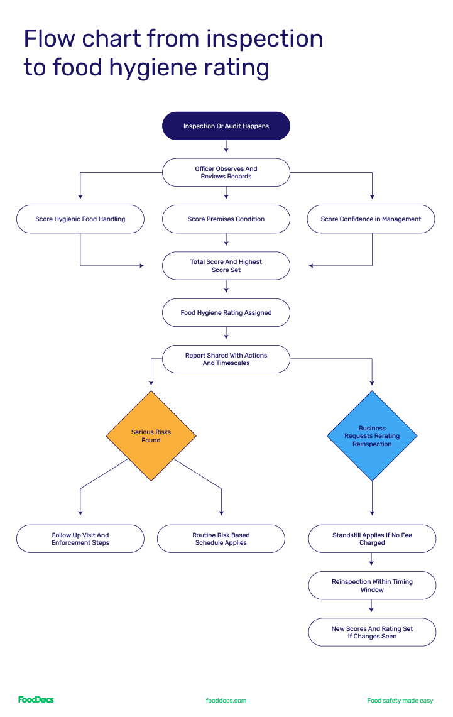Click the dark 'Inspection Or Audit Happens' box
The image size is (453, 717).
pyautogui.click(x=226, y=126)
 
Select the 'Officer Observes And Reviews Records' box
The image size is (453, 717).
pyautogui.click(x=226, y=172)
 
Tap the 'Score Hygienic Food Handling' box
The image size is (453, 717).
pyautogui.click(x=80, y=219)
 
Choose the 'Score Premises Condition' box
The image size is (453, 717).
pyautogui.click(x=226, y=219)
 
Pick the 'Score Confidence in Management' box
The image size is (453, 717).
pyautogui.click(x=371, y=219)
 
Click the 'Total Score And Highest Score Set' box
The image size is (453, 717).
pyautogui.click(x=226, y=266)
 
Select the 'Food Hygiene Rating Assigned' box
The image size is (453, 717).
pyautogui.click(x=226, y=312)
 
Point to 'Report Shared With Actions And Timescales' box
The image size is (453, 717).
pyautogui.click(x=226, y=359)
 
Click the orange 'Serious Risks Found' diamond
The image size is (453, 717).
pyautogui.click(x=151, y=436)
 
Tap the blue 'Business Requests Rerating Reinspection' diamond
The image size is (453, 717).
pyautogui.click(x=372, y=436)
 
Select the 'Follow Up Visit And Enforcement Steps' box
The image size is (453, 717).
pyautogui.click(x=80, y=539)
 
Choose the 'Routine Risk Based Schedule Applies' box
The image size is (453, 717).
pyautogui.click(x=221, y=539)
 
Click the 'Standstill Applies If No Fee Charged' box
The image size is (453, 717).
pyautogui.click(x=372, y=539)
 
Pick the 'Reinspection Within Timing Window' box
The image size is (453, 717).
pyautogui.click(x=372, y=585)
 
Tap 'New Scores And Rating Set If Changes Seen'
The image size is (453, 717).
pyautogui.click(x=372, y=632)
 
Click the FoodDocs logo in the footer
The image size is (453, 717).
pyautogui.click(x=36, y=699)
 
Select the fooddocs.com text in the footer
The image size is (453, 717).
pyautogui.click(x=226, y=700)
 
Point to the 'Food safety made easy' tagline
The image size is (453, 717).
pyautogui.click(x=400, y=700)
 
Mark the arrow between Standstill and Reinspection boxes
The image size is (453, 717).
pyautogui.click(x=372, y=562)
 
